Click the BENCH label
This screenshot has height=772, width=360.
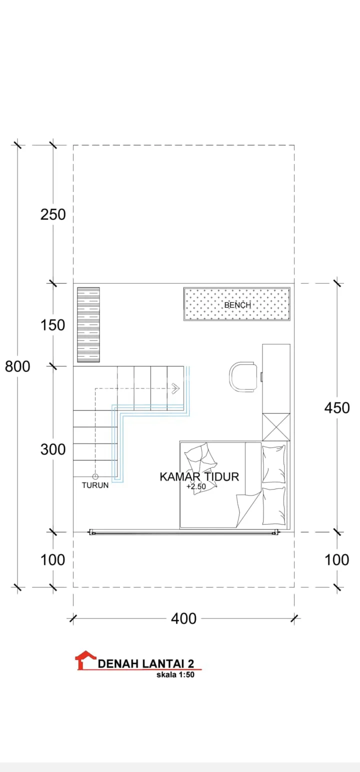tap(237, 305)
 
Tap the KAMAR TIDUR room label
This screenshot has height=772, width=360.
tap(199, 476)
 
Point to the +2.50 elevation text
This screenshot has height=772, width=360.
tap(196, 486)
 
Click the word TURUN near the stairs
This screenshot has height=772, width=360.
tap(95, 485)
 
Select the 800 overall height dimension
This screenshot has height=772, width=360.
tap(17, 366)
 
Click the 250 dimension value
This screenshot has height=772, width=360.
tap(53, 214)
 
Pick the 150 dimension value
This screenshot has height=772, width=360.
tap(52, 325)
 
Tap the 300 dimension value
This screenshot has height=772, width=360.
tap(53, 449)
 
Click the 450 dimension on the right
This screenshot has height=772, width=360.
tap(337, 407)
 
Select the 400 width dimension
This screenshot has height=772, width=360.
tap(183, 618)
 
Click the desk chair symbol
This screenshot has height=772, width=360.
tap(243, 376)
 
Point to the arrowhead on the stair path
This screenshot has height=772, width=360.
tap(176, 388)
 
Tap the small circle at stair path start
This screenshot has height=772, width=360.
tap(95, 476)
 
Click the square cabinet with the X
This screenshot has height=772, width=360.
tap(276, 427)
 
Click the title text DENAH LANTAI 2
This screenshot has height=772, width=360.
tap(146, 663)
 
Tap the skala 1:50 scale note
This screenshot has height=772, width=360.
tap(175, 674)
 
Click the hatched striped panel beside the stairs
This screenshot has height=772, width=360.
tap(88, 324)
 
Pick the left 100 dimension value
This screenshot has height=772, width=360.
tap(52, 559)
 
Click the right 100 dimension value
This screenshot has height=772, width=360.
tap(337, 559)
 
